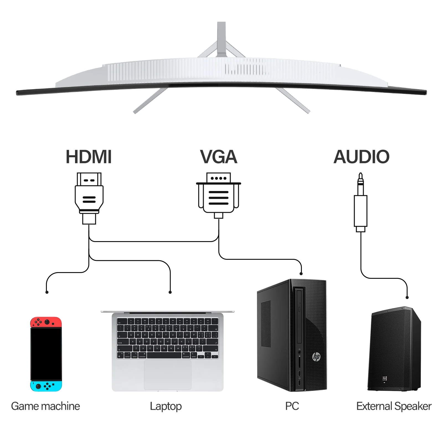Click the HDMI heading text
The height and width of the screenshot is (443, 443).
(x=89, y=157)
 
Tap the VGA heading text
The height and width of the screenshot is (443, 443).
(x=219, y=157)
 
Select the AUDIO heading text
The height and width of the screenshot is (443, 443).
(x=361, y=157)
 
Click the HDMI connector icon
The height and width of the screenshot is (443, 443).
(x=89, y=198)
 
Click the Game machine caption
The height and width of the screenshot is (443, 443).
(x=45, y=406)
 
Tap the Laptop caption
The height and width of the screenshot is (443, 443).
(x=166, y=406)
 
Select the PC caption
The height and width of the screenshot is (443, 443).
(x=292, y=406)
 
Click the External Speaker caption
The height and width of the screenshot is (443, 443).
(x=394, y=406)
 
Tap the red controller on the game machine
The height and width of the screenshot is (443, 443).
(x=46, y=322)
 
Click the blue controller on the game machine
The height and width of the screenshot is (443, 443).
(x=46, y=386)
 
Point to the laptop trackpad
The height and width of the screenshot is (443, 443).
(x=168, y=375)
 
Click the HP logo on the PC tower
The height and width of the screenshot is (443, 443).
(x=316, y=356)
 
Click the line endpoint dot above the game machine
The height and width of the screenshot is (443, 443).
(x=47, y=292)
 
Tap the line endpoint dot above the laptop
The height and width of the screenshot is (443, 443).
(x=170, y=292)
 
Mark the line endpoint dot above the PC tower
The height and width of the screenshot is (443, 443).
(x=301, y=274)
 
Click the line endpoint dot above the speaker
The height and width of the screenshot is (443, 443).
(x=407, y=297)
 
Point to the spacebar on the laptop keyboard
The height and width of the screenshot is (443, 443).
(x=164, y=356)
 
